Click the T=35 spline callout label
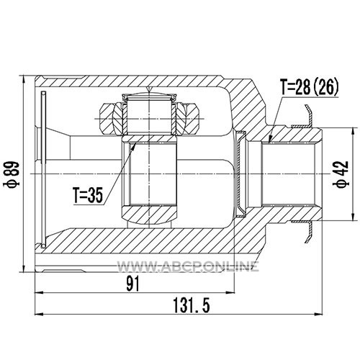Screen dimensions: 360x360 (x=88, y=194)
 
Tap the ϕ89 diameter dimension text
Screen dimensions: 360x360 (x=12, y=174)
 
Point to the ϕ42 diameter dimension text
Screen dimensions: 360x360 (x=341, y=174)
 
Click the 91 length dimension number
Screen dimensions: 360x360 (x=132, y=284)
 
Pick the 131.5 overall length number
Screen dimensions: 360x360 (x=192, y=305)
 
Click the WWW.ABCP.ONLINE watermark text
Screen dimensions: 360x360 (x=188, y=266)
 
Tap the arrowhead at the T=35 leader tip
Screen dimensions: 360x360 (x=134, y=145)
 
